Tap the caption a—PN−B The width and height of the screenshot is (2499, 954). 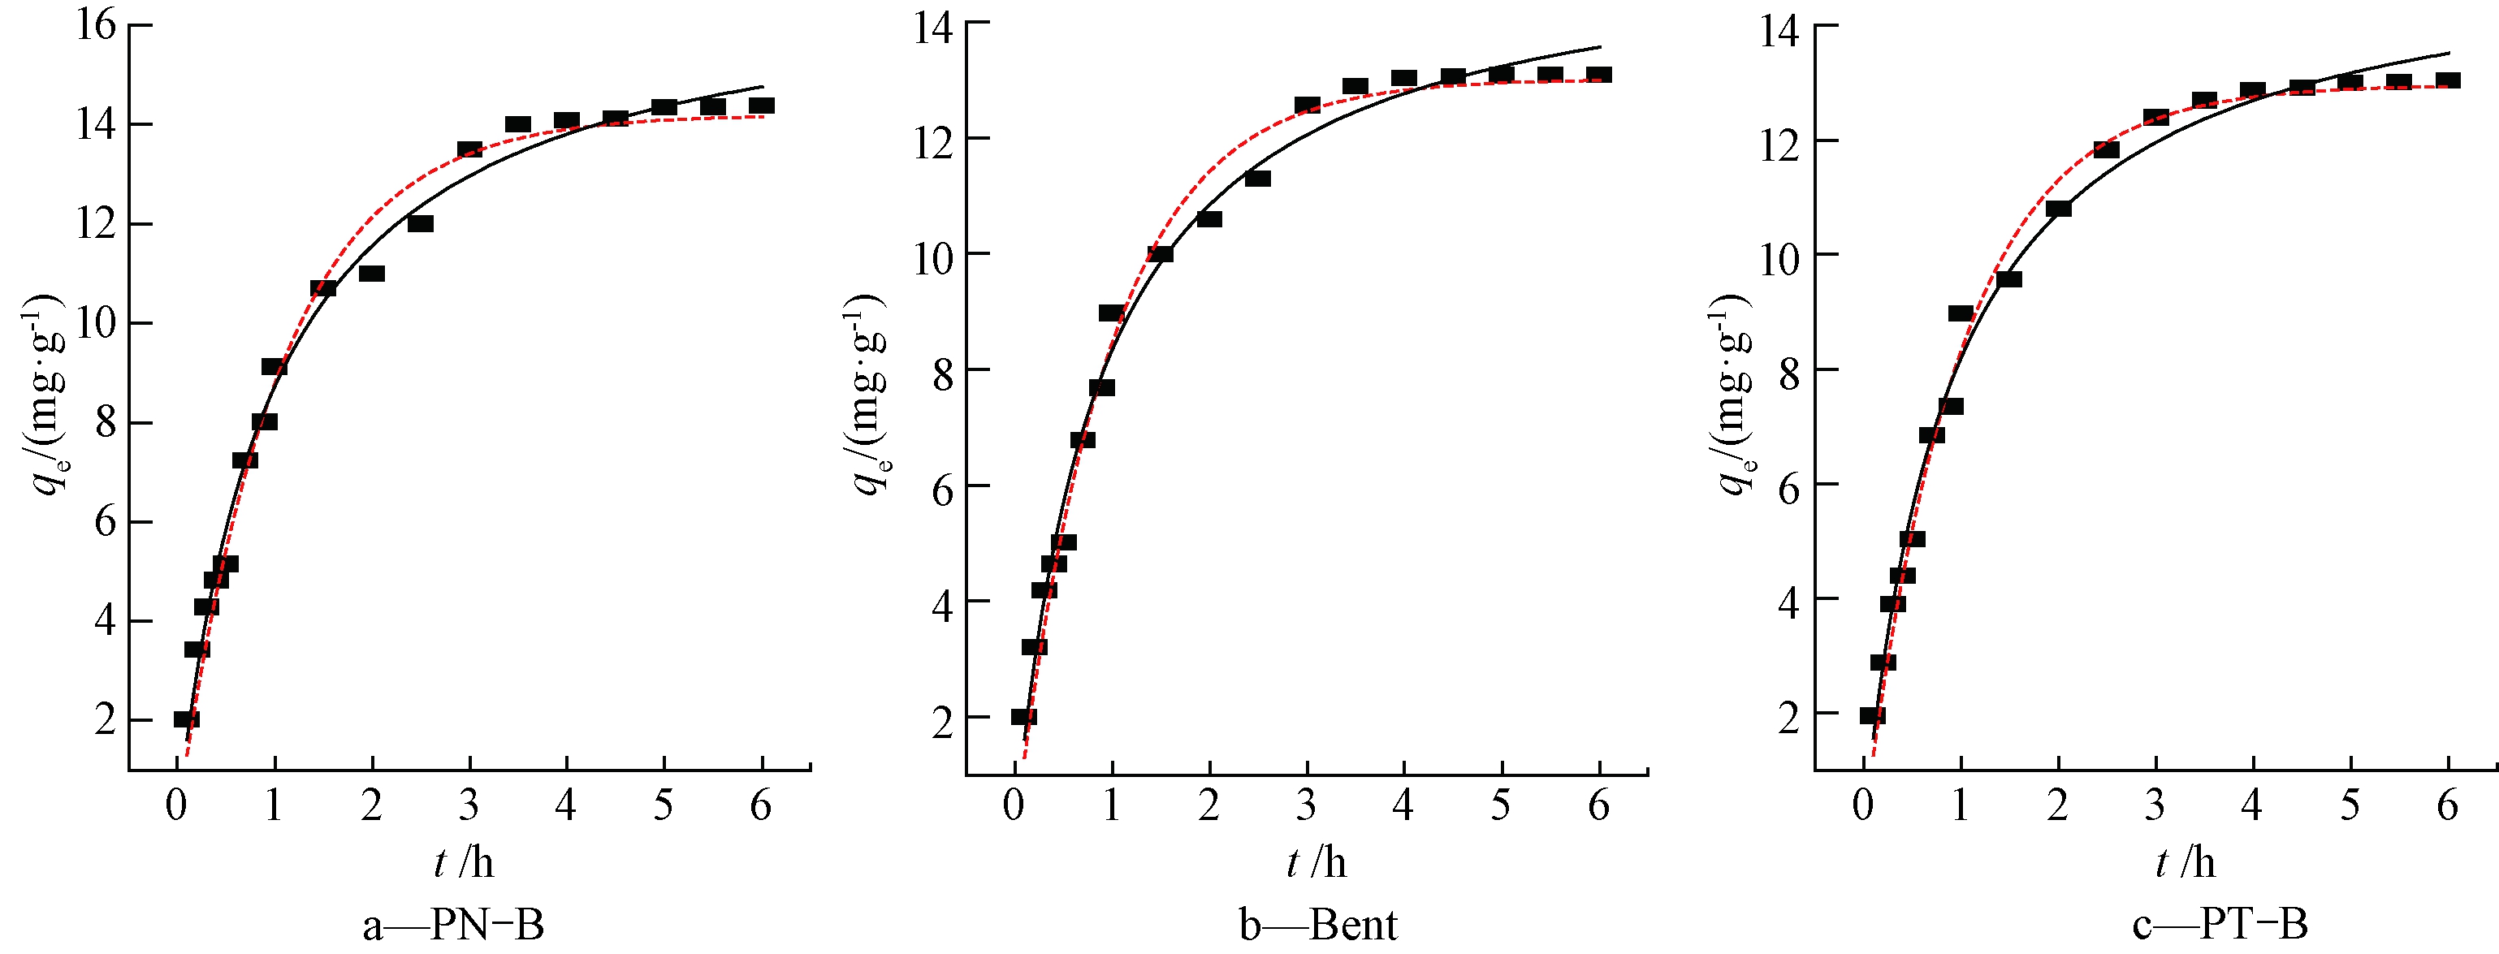pos(453,925)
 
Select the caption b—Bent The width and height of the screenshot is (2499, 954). pos(1318,925)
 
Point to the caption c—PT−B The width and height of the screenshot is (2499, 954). pos(2220,925)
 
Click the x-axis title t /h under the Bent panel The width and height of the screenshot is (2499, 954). pos(1317,862)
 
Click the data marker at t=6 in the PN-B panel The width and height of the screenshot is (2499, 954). pos(762,106)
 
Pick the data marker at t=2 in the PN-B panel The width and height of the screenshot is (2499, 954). pos(371,274)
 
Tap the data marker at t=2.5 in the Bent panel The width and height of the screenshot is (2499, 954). pos(1258,179)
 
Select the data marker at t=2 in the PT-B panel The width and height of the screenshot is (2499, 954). pos(2058,209)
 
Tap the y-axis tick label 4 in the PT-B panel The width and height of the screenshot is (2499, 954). pos(1789,601)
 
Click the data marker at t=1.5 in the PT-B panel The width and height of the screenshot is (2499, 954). pos(2009,279)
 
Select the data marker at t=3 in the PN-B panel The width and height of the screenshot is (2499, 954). pos(469,150)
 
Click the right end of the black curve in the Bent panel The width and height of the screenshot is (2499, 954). pos(1600,46)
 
